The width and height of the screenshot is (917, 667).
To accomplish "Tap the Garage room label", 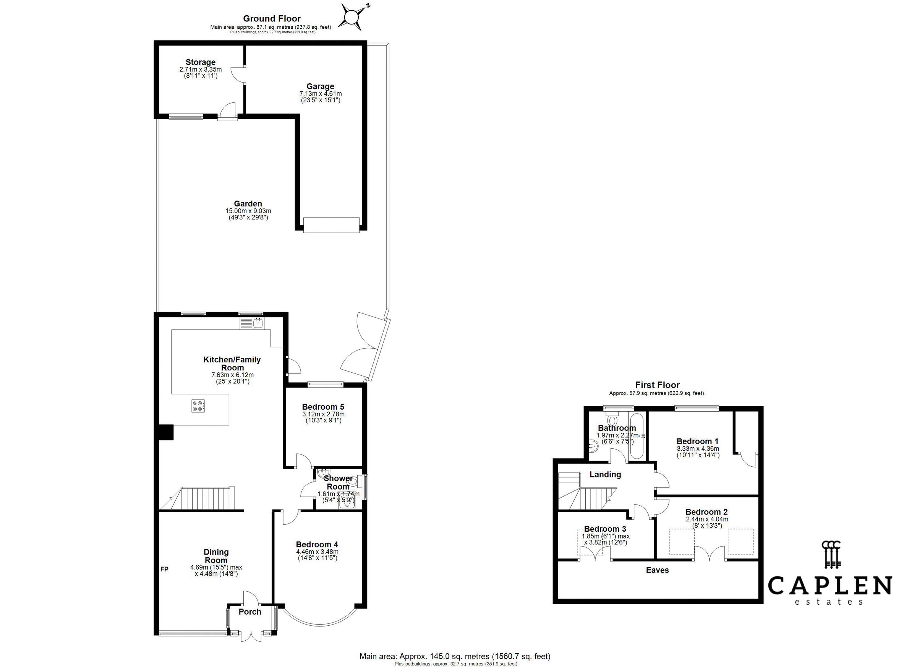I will [320, 86].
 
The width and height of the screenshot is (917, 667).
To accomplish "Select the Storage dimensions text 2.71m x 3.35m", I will [201, 70].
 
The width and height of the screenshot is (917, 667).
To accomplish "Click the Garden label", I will [248, 204].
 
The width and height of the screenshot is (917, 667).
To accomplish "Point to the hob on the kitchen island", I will [198, 406].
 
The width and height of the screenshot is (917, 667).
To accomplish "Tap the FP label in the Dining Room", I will [164, 569].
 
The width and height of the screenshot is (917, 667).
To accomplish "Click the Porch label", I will [250, 612].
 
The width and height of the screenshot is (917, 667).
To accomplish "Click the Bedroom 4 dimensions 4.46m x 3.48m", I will [317, 552].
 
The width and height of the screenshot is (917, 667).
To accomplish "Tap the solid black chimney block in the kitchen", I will [165, 432].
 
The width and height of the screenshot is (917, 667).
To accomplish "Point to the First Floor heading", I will [657, 385].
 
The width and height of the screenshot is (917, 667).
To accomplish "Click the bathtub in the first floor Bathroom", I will [636, 436].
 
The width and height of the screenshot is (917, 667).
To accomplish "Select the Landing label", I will [605, 474].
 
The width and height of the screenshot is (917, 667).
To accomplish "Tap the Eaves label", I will [657, 570].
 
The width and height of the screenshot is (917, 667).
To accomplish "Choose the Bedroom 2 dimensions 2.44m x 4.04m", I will [707, 519].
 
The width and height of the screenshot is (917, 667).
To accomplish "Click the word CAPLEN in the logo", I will [830, 586].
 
